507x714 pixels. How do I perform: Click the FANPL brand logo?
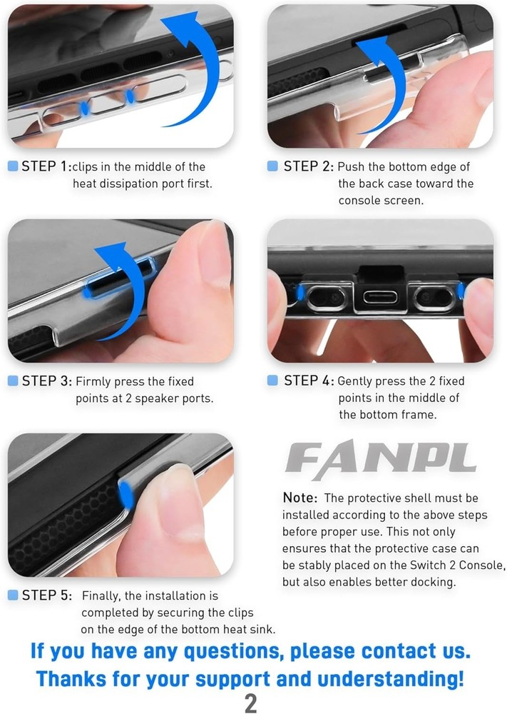381,459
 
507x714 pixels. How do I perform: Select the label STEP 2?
308,166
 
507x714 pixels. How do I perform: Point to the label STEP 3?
46,381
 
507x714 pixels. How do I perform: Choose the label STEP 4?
309,381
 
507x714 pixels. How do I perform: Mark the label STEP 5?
46,595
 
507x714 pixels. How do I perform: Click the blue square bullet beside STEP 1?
13,166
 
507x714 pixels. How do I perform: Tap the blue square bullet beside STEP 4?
272,381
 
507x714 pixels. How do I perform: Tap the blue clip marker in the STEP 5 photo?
126,496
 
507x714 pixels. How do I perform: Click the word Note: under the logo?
299,498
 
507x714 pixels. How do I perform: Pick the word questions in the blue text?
232,652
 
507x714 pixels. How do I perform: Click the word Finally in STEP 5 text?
101,596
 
